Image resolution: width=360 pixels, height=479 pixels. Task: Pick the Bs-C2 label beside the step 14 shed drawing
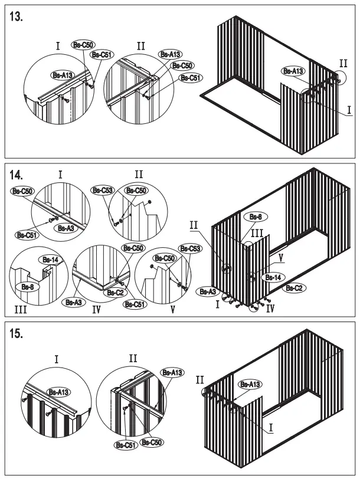294,288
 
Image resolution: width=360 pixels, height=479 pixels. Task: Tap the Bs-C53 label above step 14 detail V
191,249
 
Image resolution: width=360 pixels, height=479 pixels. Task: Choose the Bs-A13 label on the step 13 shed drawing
293,71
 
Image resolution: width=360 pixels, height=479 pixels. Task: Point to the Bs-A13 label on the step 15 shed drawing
249,385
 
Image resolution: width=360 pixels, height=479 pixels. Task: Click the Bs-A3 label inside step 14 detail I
64,227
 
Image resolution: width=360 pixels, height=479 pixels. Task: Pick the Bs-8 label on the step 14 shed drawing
256,217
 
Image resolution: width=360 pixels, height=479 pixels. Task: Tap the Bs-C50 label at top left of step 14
22,191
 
